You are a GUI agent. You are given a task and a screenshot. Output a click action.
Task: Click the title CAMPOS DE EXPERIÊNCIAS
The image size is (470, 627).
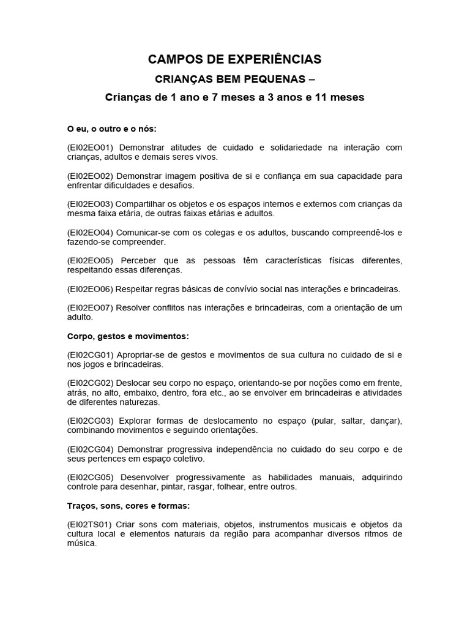234,59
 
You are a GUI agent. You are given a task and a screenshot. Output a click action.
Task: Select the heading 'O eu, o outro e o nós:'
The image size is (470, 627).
112,129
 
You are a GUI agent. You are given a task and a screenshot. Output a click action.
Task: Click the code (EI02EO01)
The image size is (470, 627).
91,148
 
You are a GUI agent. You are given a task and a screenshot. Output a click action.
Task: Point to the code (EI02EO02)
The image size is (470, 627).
91,176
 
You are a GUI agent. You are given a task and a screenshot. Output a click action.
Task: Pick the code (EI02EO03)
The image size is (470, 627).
91,204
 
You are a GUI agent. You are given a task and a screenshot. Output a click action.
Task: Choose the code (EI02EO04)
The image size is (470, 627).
91,233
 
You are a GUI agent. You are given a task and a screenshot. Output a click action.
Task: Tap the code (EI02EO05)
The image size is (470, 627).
91,261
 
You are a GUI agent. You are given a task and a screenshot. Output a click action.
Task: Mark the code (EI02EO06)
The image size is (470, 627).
91,289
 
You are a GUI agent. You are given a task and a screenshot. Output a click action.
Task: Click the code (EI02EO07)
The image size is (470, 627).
91,308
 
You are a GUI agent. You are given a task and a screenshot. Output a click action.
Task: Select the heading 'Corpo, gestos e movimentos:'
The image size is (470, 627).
128,336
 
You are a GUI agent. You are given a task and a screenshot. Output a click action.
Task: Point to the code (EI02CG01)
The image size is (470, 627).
91,355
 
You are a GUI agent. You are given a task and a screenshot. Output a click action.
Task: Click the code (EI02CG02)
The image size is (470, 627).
91,383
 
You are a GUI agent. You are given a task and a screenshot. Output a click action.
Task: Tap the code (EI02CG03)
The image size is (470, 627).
91,421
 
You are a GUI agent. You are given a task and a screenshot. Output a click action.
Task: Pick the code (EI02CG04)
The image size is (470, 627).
91,449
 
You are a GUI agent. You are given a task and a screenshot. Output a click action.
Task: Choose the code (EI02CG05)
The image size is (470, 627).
91,477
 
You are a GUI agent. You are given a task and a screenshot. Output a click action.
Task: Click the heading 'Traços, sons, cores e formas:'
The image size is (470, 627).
129,506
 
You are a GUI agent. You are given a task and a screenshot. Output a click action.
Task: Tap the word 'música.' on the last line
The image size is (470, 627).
82,543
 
